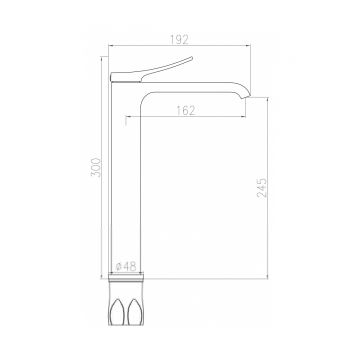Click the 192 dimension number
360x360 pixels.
coord(179,39)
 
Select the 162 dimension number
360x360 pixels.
coord(185,110)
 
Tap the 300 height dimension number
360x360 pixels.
coord(96,167)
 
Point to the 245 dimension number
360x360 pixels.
coord(262,188)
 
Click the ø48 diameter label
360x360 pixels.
coord(126,266)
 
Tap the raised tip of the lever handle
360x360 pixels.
coord(192,58)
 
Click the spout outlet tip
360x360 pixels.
coord(247,96)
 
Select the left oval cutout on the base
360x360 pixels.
coord(118,312)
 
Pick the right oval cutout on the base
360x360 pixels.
coord(135,312)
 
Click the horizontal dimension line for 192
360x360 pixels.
coord(180,46)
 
